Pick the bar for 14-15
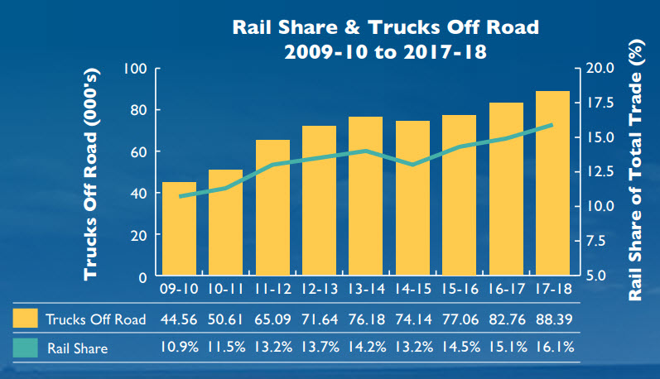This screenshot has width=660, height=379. (412, 199)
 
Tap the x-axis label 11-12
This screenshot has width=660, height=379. (272, 292)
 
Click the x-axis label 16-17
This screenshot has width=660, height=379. (505, 292)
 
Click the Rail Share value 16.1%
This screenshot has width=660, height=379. (552, 348)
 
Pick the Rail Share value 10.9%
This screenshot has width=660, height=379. (179, 348)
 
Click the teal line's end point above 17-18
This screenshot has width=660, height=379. (552, 125)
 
